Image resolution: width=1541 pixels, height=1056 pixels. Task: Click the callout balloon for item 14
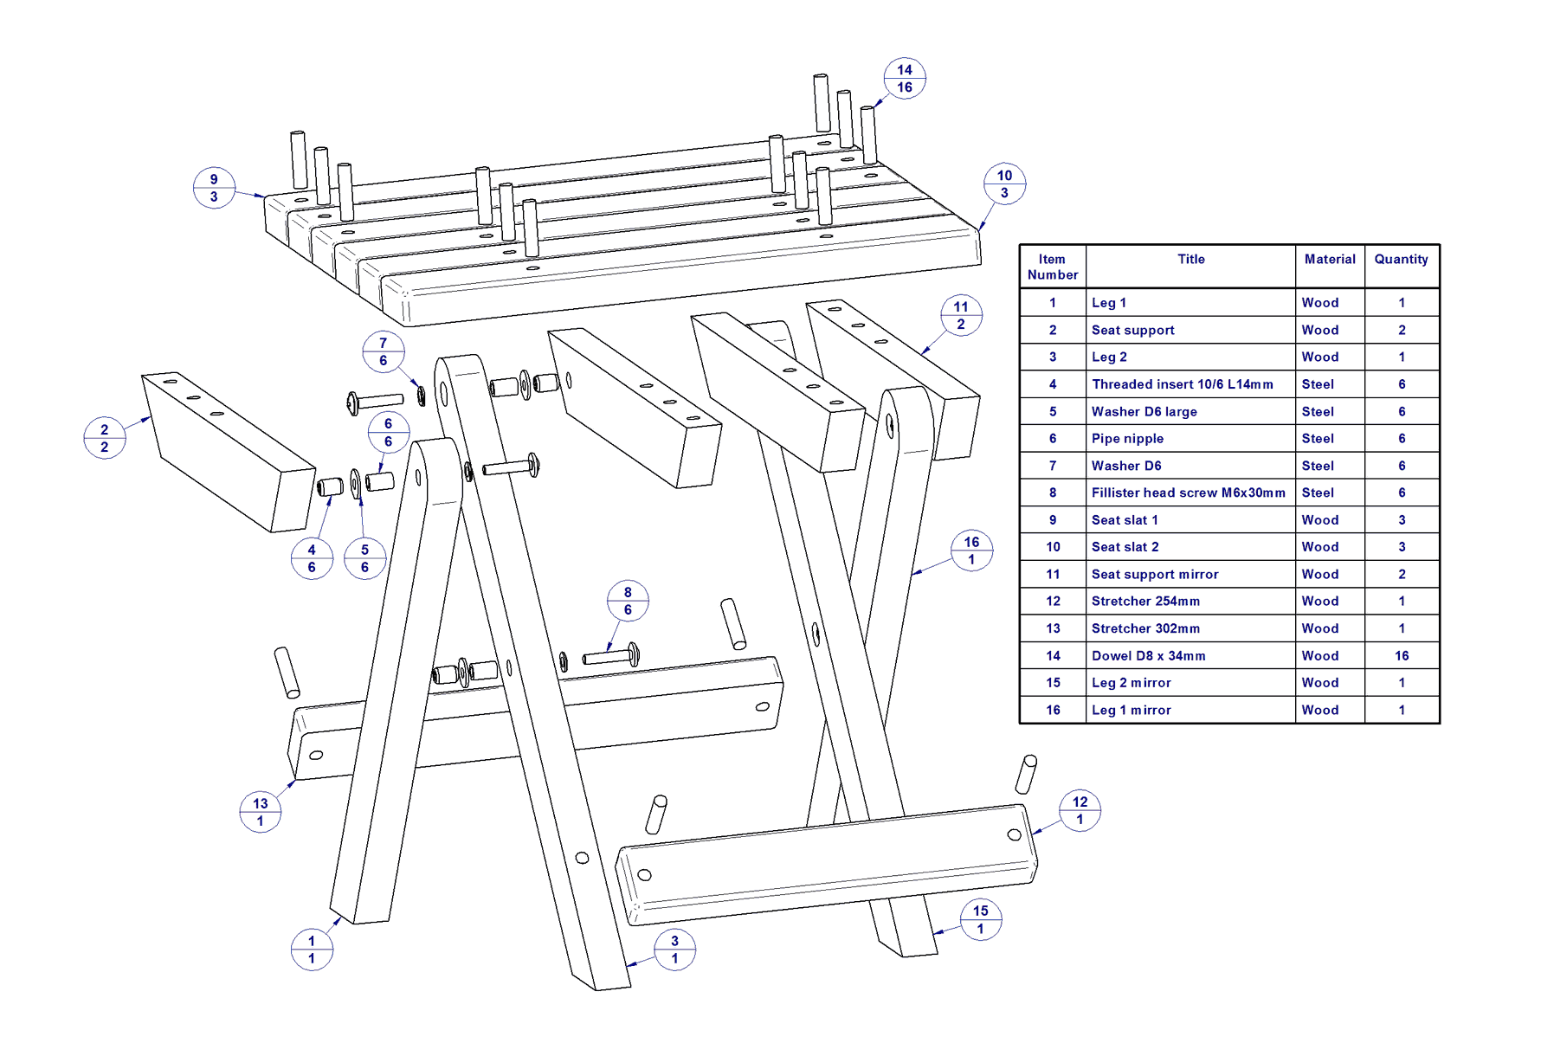905,79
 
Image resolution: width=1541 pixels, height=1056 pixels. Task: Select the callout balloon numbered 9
214,188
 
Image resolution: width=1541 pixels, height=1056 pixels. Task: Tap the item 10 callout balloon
1004,184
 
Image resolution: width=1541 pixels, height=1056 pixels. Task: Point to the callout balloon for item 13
261,812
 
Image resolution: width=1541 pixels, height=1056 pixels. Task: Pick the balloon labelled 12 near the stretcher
1080,810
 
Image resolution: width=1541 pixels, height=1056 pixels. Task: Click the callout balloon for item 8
628,601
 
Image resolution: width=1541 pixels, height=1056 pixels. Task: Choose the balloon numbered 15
980,919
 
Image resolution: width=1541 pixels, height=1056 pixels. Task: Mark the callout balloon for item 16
971,551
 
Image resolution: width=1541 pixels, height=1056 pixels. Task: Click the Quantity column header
1401,260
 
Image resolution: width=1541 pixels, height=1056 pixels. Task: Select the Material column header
1330,260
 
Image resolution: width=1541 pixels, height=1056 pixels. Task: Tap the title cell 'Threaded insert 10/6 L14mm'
1182,384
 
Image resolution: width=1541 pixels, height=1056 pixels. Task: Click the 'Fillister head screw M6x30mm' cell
1188,493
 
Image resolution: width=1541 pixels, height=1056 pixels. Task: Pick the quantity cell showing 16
1402,656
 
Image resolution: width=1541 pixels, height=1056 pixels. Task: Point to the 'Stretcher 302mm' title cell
1145,628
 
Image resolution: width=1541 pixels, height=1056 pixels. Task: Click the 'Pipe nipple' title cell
1127,439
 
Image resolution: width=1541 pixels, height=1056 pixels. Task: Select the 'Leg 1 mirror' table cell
1131,710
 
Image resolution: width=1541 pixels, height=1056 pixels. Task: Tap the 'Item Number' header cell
1053,267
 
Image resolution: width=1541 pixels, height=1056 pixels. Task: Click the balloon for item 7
384,351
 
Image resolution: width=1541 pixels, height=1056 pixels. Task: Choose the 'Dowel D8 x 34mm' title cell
1148,656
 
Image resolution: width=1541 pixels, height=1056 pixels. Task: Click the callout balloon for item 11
961,315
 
